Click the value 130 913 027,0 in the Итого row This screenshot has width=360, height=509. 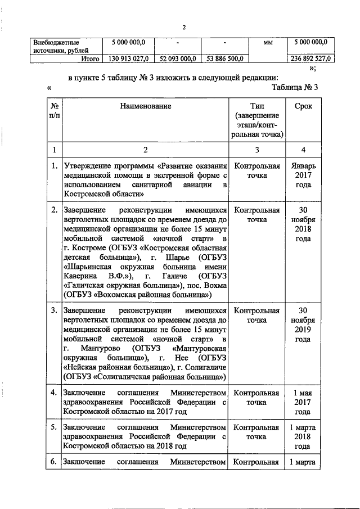click(x=127, y=58)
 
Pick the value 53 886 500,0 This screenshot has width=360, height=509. click(x=224, y=58)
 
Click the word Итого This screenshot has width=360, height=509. click(x=90, y=58)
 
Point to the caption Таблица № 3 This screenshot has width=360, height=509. click(x=294, y=88)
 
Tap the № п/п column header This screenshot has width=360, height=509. click(x=54, y=110)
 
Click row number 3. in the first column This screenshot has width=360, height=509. click(x=53, y=310)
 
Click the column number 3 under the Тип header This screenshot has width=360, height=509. click(x=256, y=150)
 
